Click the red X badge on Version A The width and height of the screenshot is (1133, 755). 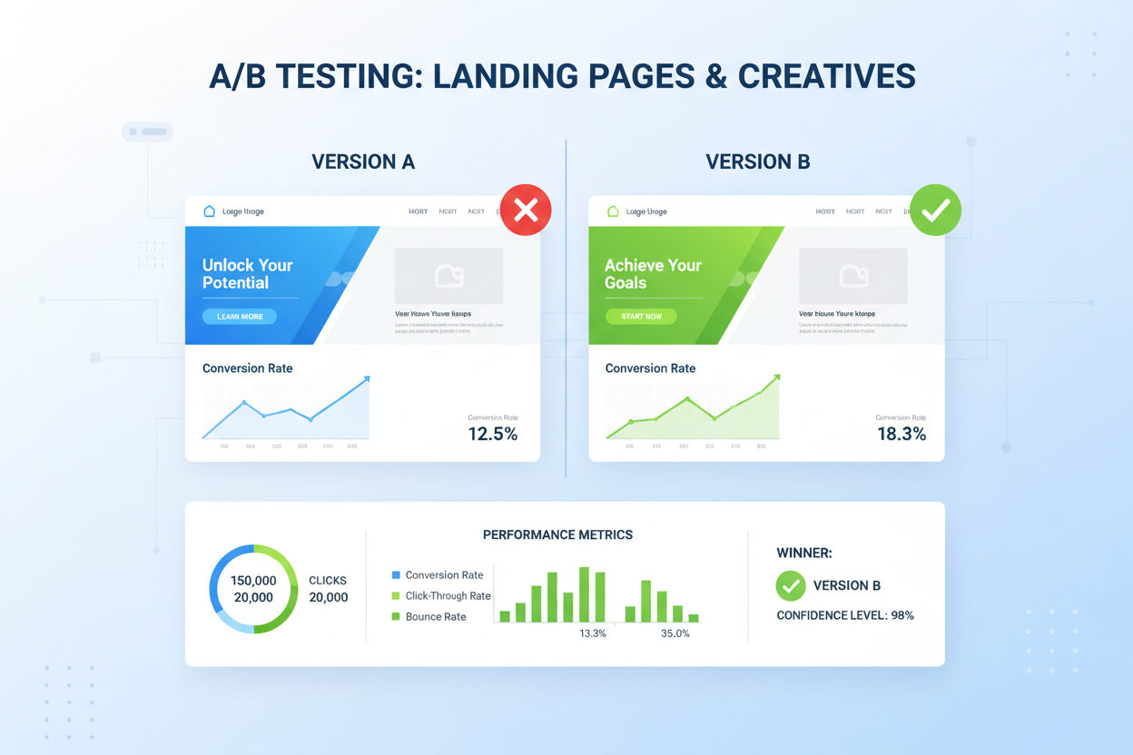click(x=526, y=211)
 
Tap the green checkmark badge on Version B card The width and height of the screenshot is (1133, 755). click(x=935, y=211)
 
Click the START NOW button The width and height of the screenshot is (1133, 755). click(x=641, y=317)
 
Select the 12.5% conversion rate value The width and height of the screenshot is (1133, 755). click(x=493, y=434)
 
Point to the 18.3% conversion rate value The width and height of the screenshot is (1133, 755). click(x=901, y=434)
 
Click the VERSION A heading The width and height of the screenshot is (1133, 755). click(x=363, y=162)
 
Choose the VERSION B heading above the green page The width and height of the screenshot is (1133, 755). click(x=758, y=162)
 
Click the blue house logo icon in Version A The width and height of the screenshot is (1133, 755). click(x=209, y=211)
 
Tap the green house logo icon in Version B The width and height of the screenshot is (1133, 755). click(x=613, y=211)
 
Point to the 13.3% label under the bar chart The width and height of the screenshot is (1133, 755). click(x=593, y=633)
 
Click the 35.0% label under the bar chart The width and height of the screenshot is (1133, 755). click(x=675, y=633)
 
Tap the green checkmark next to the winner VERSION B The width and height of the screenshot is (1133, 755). click(x=791, y=585)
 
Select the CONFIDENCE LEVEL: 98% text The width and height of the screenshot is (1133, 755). click(x=845, y=615)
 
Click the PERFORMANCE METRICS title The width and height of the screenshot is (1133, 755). click(x=557, y=535)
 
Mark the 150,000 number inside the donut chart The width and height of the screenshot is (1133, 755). click(x=253, y=581)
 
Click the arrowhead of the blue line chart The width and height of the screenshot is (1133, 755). click(x=366, y=379)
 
